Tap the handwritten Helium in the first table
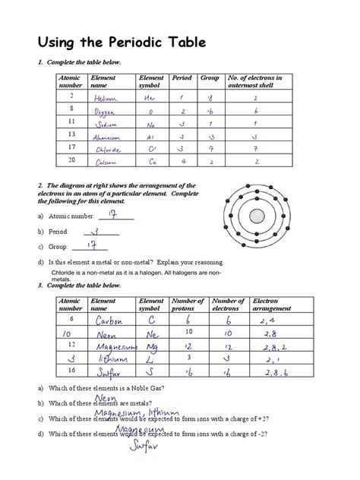click(x=106, y=98)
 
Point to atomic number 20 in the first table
click(x=71, y=159)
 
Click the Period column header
click(x=182, y=77)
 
